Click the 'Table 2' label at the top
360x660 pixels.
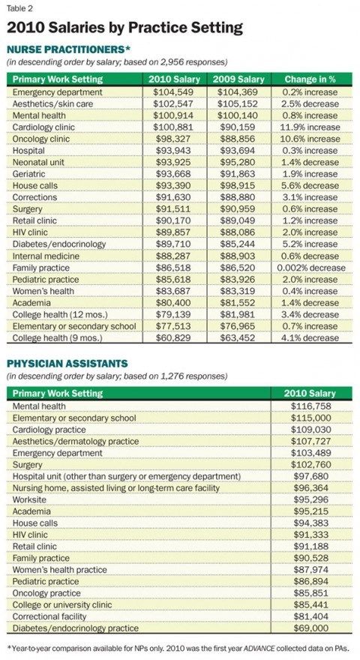(x=19, y=7)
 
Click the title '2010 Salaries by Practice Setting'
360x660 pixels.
(x=124, y=28)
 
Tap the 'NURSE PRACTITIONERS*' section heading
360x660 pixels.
(x=66, y=49)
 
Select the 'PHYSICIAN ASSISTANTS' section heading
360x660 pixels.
(x=67, y=363)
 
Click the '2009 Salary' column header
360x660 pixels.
(x=238, y=79)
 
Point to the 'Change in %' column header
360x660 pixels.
(x=310, y=79)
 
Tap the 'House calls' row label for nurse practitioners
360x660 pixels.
(x=35, y=186)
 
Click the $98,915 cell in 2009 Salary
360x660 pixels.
(x=238, y=186)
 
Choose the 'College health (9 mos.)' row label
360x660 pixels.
(x=58, y=338)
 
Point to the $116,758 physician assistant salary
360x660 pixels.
(x=310, y=406)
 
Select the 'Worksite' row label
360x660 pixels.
(x=29, y=499)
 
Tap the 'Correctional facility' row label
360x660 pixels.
(x=49, y=616)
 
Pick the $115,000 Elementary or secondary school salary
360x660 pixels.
(x=310, y=418)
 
